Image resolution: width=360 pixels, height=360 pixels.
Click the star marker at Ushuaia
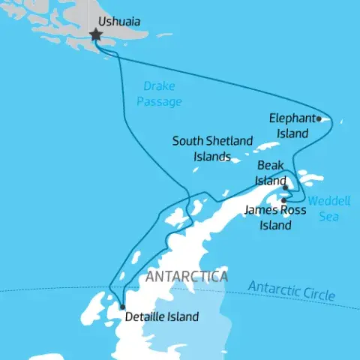click(x=96, y=34)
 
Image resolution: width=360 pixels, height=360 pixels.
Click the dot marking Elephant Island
click(x=319, y=118)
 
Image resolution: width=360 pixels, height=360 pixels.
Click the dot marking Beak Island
click(x=285, y=187)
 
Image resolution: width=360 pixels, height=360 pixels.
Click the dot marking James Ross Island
click(x=283, y=199)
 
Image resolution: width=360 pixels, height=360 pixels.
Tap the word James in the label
click(x=259, y=211)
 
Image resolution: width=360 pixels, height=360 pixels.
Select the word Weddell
click(x=324, y=202)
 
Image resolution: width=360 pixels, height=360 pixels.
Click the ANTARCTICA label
click(x=187, y=277)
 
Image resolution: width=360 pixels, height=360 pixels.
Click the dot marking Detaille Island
click(x=121, y=306)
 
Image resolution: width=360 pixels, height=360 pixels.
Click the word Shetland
click(x=230, y=141)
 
